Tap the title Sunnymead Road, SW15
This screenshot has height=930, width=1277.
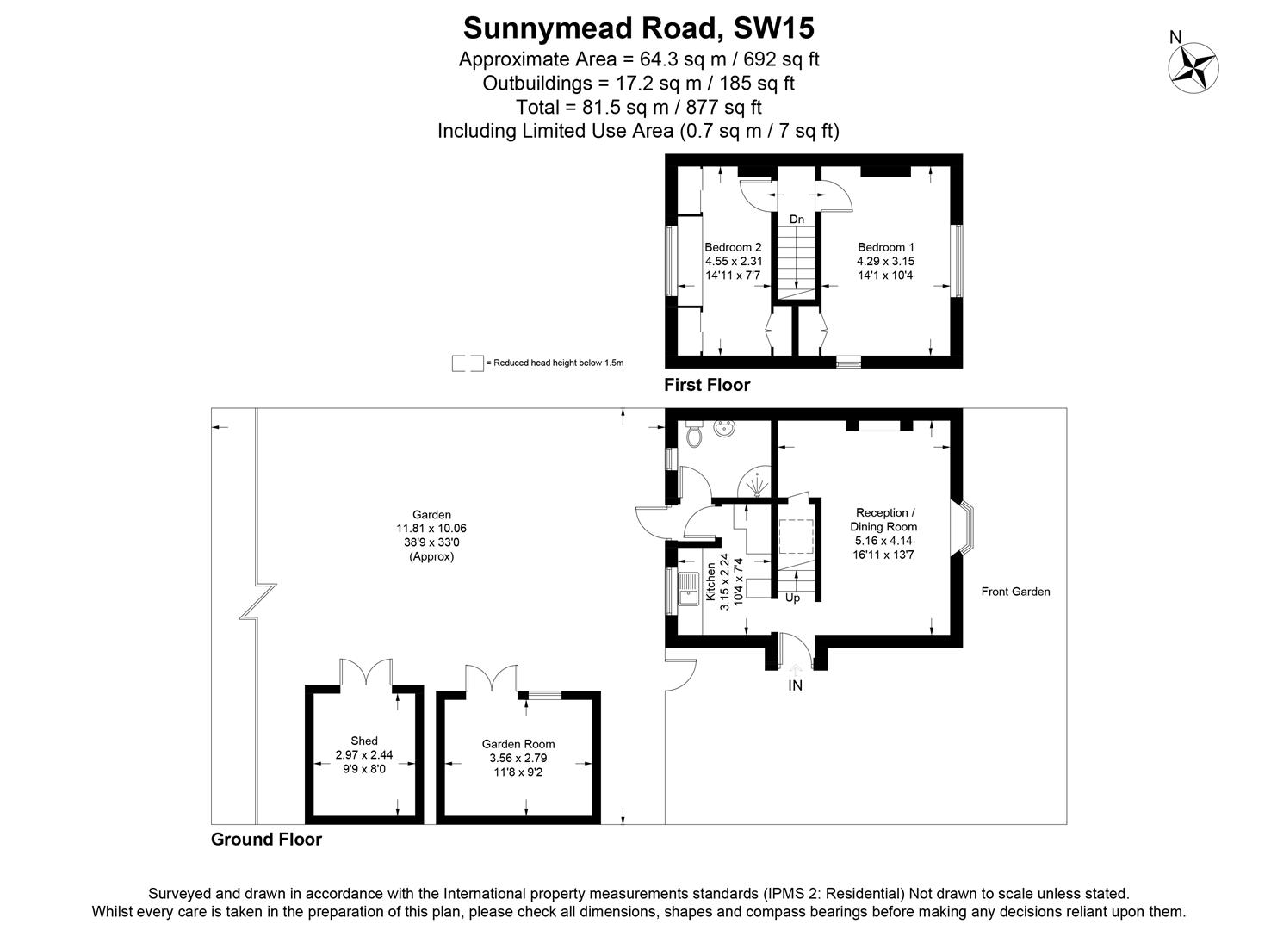pos(638,28)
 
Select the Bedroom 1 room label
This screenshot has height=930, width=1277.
pos(885,247)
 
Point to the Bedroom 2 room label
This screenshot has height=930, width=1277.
pos(733,247)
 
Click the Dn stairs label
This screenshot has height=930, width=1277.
pos(797,220)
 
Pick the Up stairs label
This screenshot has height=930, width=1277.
pos(792,597)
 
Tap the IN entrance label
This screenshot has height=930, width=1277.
pos(795,685)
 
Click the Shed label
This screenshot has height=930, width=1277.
pos(364,741)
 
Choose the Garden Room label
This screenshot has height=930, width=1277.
pos(518,744)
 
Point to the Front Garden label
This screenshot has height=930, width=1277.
pos(1015,592)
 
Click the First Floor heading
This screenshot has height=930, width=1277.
pos(706,385)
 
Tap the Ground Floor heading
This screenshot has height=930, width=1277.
pos(266,840)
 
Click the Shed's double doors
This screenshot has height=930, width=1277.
pos(365,672)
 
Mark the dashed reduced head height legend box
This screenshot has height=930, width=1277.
pos(467,363)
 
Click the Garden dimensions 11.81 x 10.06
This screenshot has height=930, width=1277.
pos(431,529)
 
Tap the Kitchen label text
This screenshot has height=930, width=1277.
pos(711,583)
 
